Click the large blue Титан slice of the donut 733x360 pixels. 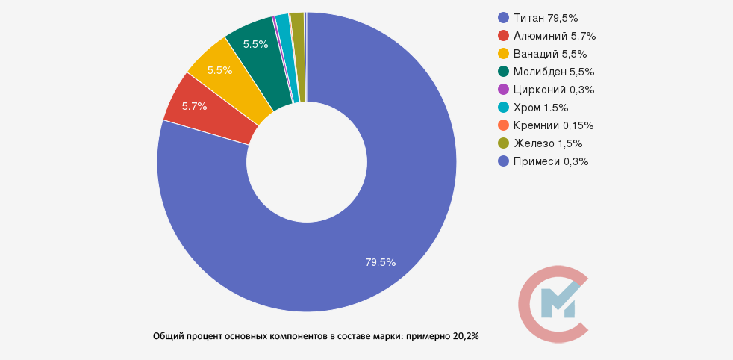388,187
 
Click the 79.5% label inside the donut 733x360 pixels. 380,262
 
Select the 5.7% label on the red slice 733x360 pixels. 194,106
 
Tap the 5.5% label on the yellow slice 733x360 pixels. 219,70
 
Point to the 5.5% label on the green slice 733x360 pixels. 256,44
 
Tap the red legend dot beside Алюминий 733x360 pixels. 503,36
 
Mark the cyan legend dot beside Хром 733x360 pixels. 503,108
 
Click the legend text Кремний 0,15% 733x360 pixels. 553,125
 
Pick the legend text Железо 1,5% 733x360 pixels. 548,143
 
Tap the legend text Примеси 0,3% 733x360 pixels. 551,161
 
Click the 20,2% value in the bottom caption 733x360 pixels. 466,336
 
